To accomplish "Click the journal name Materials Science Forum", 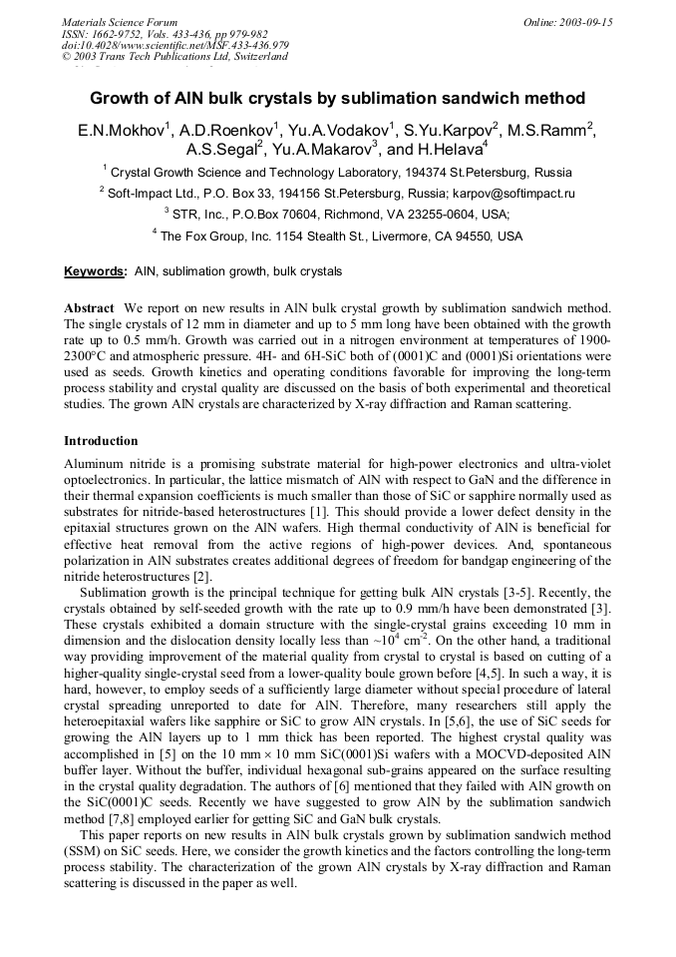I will pos(120,21).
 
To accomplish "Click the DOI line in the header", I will pos(175,45).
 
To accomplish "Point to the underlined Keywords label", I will pos(95,271).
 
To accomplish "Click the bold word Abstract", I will pos(89,308).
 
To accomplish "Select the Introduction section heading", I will pos(101,440).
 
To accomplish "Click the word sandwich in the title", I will pos(469,99).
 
